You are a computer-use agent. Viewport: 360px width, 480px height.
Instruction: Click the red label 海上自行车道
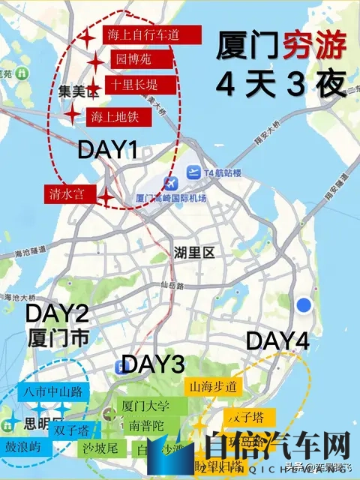pos(154,35)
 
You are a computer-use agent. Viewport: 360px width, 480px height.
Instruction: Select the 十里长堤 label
pos(141,85)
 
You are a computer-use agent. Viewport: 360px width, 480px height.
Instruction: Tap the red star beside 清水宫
pos(108,196)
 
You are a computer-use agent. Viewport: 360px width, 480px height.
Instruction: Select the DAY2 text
pos(58,313)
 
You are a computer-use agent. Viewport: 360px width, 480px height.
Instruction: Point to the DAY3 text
pos(153,364)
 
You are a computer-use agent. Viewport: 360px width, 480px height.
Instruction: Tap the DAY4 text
pos(277,340)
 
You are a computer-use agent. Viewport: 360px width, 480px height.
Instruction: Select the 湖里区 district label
pos(193,253)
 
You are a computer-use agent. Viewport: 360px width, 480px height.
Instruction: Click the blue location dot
pos(304,304)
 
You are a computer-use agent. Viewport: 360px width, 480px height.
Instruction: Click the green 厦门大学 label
pos(145,406)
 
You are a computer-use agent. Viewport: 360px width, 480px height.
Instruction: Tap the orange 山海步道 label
pos(214,387)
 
